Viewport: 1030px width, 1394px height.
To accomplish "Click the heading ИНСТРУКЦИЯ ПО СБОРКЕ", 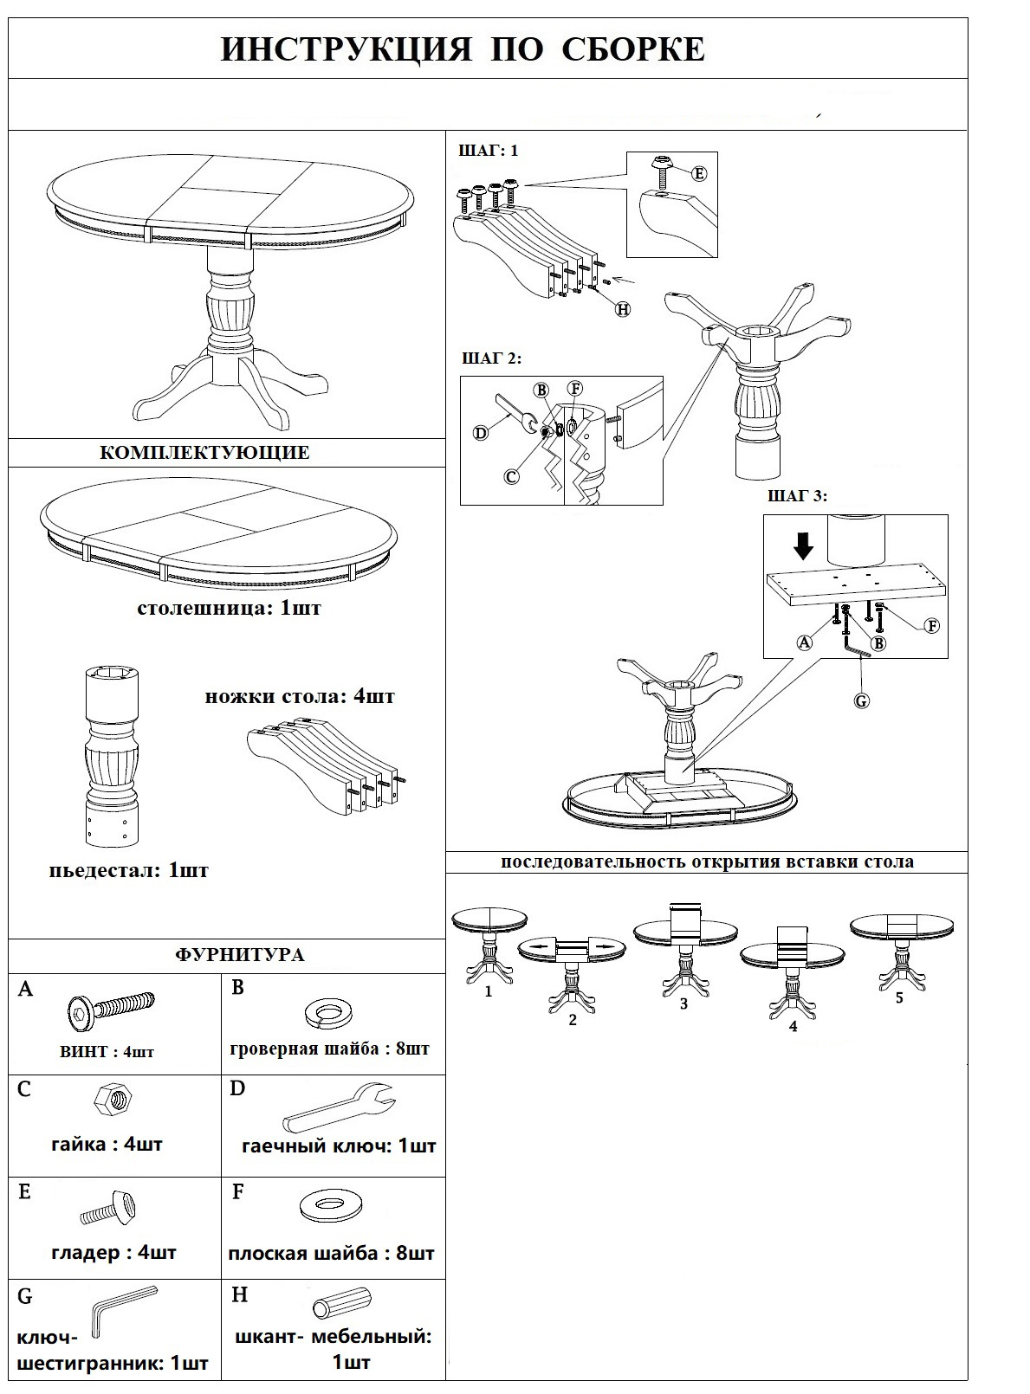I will click(463, 50).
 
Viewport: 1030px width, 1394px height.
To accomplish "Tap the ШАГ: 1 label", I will click(488, 151).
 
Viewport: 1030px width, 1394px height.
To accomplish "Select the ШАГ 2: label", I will click(492, 358).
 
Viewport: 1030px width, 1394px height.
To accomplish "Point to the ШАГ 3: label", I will click(797, 496).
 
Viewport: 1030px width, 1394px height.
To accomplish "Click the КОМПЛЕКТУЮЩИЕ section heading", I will click(204, 453).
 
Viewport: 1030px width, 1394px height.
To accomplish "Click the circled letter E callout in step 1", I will click(698, 173).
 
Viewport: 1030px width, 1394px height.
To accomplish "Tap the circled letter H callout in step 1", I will click(622, 308).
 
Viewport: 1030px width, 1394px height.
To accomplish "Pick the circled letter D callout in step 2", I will click(481, 433).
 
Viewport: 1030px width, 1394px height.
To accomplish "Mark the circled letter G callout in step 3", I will click(861, 700).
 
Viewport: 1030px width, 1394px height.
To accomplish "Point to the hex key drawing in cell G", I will click(121, 1310).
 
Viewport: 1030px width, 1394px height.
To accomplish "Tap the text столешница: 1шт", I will click(229, 608).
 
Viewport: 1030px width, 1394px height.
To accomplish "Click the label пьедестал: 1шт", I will click(128, 870).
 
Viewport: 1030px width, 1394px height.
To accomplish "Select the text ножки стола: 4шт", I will click(300, 696).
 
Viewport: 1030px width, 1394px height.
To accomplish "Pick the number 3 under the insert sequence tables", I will click(683, 1004).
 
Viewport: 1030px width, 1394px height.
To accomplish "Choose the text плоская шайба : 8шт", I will click(331, 1253).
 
